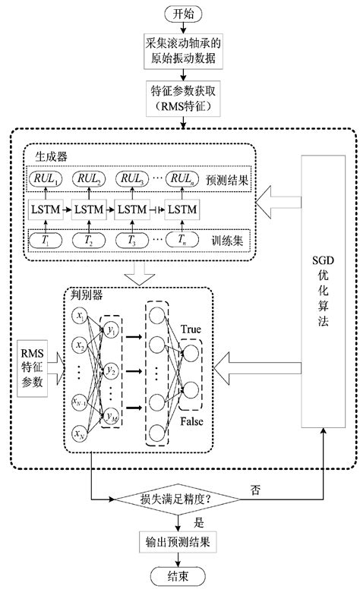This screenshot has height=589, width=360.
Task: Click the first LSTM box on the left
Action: pos(46,208)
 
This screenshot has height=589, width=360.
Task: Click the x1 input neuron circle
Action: pos(79,313)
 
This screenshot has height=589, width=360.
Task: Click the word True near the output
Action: pos(194,330)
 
